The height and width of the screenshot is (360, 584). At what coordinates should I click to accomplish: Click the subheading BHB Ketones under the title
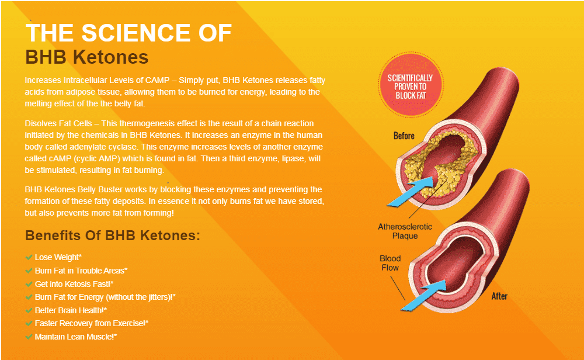(87, 57)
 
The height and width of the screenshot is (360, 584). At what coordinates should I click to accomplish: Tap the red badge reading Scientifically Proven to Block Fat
(410, 85)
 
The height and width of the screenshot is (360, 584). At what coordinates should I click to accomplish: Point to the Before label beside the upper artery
(404, 136)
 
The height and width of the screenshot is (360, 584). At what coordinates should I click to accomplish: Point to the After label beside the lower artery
(499, 296)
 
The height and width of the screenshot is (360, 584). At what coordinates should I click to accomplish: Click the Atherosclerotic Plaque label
(405, 231)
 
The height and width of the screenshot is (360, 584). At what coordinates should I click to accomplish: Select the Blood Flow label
(390, 263)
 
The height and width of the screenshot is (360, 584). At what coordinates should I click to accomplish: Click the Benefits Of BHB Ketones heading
(113, 236)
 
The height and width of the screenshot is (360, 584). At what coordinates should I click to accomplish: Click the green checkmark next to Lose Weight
(29, 257)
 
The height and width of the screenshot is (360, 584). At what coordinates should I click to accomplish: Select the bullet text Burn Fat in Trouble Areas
(81, 271)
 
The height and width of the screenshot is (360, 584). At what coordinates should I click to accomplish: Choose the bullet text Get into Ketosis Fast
(74, 284)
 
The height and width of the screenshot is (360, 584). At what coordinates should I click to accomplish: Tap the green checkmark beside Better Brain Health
(29, 310)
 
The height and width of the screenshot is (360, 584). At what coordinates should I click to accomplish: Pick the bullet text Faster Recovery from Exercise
(92, 324)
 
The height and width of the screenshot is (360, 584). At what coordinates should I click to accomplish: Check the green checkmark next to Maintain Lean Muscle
(29, 337)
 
